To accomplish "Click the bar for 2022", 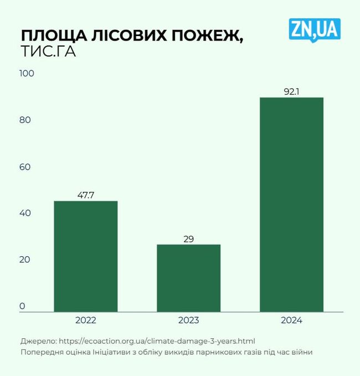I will coord(85,256).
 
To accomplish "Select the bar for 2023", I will coord(188,278).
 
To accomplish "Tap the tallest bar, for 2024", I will coord(291,205).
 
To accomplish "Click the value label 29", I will coord(188,240).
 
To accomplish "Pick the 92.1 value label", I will coord(291,92).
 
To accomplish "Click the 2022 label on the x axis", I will coord(85,321).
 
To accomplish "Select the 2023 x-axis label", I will coord(188,321).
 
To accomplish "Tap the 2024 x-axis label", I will coord(291,321).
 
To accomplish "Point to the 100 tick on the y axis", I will coord(27,74).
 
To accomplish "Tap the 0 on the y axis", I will coord(23,306).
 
